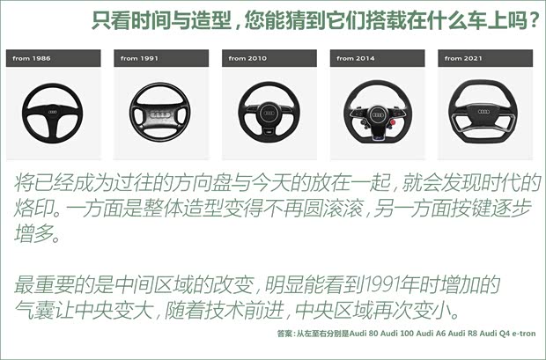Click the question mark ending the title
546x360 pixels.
click(x=533, y=19)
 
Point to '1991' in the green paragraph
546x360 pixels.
click(x=390, y=285)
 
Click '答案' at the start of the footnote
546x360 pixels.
click(x=284, y=334)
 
